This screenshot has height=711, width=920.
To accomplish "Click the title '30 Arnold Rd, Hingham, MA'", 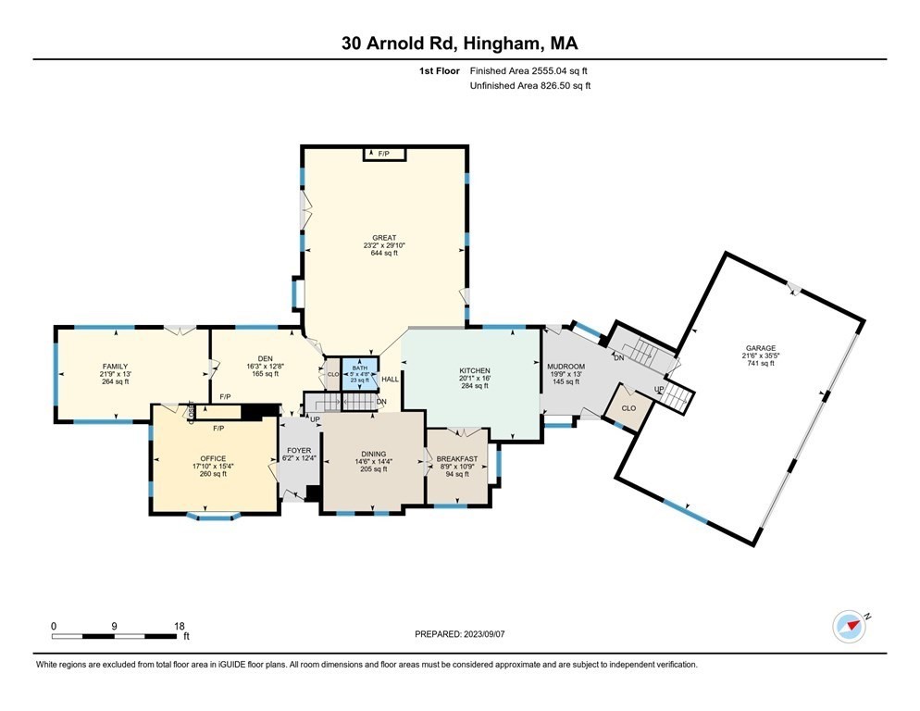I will pyautogui.click(x=460, y=43).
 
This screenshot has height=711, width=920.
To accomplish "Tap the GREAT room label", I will pyautogui.click(x=384, y=238).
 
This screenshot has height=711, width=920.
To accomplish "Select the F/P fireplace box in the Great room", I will pyautogui.click(x=383, y=154).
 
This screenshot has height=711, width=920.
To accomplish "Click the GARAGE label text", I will pyautogui.click(x=758, y=348).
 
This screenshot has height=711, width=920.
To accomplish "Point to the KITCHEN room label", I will pyautogui.click(x=473, y=370).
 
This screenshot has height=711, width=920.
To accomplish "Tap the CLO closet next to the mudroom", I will pyautogui.click(x=628, y=407).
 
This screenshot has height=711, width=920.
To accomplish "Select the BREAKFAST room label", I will pyautogui.click(x=457, y=458).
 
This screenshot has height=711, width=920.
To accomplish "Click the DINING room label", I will pyautogui.click(x=373, y=454).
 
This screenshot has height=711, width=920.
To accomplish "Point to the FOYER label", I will pyautogui.click(x=298, y=451).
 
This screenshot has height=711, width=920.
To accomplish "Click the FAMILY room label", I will pyautogui.click(x=115, y=366).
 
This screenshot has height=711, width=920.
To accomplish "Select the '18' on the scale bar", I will pyautogui.click(x=180, y=626).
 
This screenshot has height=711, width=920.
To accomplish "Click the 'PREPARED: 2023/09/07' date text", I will pyautogui.click(x=459, y=634).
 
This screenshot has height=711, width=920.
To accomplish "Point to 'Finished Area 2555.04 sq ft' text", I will pyautogui.click(x=528, y=70).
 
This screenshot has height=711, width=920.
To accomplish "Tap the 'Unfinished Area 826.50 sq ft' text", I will pyautogui.click(x=530, y=85).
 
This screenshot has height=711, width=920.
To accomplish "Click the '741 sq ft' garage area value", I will pyautogui.click(x=758, y=363).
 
